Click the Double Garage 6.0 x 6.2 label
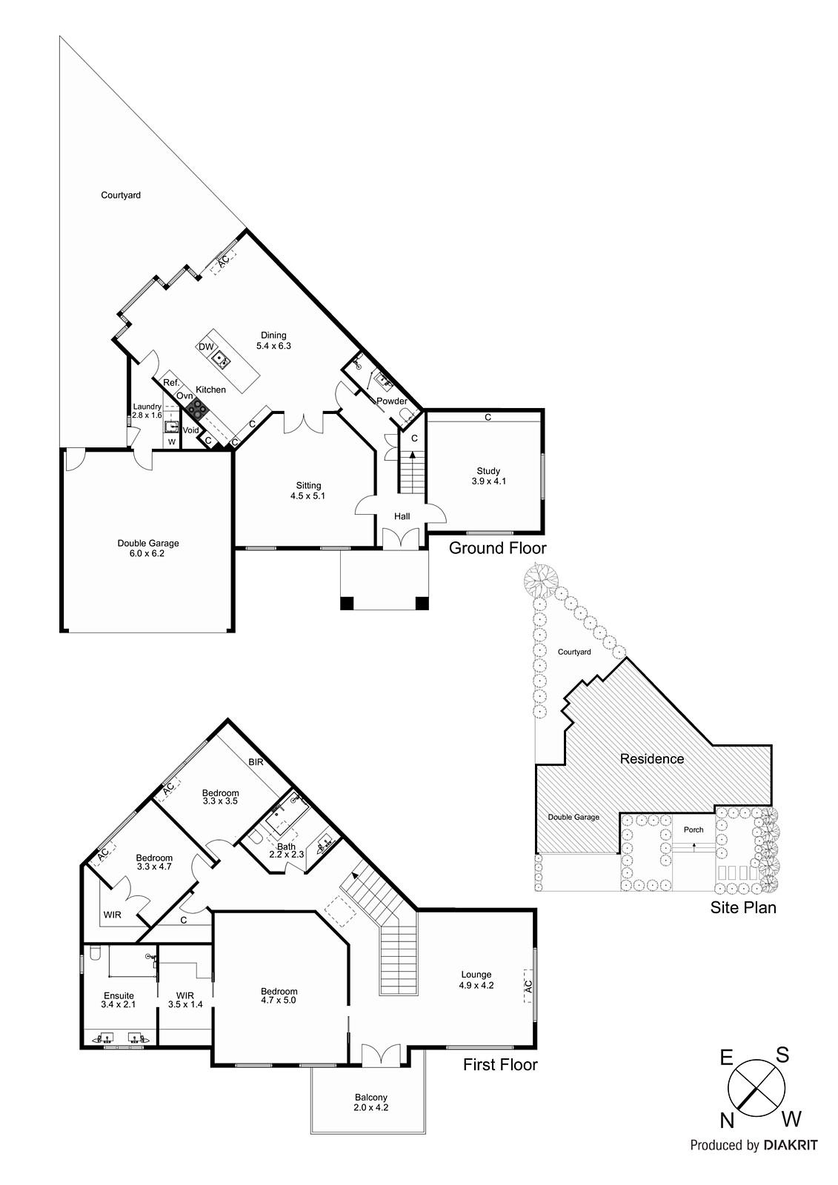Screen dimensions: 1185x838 click(x=147, y=548)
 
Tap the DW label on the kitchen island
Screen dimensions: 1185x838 click(x=206, y=347)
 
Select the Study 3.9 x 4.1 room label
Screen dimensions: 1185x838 click(x=488, y=476)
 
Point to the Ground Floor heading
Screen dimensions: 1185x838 click(x=497, y=548)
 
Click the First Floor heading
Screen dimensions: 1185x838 click(x=500, y=1065)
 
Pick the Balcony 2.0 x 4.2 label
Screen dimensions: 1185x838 click(x=370, y=1103)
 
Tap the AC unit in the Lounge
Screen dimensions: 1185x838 click(x=528, y=987)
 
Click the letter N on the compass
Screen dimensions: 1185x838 click(x=725, y=1118)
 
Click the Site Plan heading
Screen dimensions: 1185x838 click(x=743, y=907)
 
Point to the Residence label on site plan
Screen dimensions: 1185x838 click(x=652, y=758)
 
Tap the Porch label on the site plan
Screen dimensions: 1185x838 click(x=694, y=829)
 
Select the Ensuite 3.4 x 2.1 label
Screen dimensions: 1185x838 click(x=118, y=1000)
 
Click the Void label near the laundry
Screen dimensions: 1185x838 click(x=190, y=430)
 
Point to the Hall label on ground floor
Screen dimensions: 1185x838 click(x=402, y=516)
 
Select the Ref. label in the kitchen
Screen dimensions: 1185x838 click(x=171, y=383)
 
